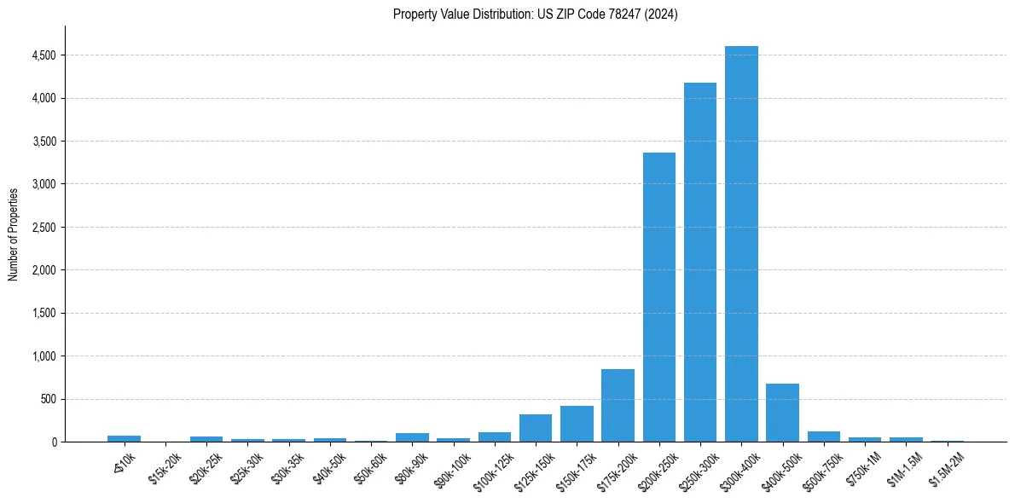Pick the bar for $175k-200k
[618, 406]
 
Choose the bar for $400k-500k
[782, 413]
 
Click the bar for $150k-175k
[577, 424]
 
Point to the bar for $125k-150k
[536, 428]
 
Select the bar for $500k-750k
[823, 437]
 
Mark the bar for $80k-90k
[412, 437]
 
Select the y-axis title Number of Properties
[14, 234]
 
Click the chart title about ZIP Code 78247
[536, 14]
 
